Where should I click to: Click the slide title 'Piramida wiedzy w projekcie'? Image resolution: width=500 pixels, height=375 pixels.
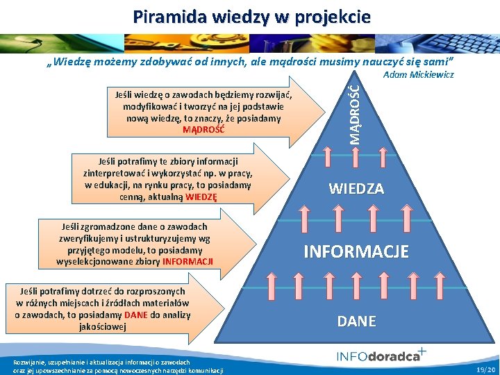tap(252, 16)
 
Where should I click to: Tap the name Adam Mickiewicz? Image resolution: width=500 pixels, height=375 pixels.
tap(419, 74)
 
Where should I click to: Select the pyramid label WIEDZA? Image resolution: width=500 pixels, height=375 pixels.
tap(356, 188)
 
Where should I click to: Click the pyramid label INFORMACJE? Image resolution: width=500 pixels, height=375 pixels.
tap(356, 251)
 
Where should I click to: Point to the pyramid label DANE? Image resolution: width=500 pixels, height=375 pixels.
tap(356, 321)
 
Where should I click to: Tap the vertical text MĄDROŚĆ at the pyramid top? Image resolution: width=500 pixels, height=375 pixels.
tap(355, 114)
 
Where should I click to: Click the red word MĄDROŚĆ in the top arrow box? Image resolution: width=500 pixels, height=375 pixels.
tap(203, 129)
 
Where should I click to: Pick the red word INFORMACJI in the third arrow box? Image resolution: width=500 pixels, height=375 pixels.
tap(187, 262)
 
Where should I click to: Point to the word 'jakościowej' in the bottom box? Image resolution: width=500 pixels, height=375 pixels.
tap(102, 326)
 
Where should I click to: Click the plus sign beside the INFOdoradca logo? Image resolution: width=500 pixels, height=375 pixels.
tap(422, 351)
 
